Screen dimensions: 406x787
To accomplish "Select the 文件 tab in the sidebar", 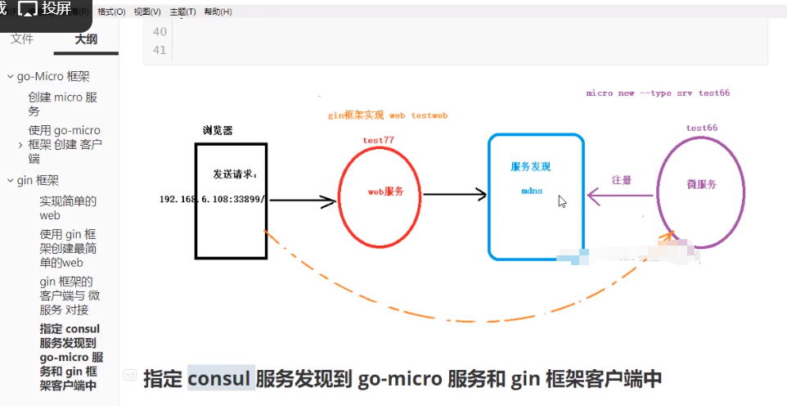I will (x=22, y=38).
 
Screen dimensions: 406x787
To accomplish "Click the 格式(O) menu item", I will (x=111, y=12).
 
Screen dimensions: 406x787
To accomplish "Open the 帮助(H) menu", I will (x=218, y=12).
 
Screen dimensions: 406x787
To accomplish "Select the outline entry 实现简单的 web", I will (x=68, y=208).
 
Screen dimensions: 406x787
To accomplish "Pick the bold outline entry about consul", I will (x=71, y=357).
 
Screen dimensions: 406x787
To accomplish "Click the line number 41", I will (x=160, y=50).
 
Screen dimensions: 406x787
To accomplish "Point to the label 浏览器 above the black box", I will (x=218, y=130).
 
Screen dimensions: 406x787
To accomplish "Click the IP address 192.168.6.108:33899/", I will (x=212, y=199).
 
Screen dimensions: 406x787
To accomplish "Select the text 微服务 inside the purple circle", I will (x=702, y=184).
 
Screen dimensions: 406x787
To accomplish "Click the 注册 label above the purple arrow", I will (x=622, y=179).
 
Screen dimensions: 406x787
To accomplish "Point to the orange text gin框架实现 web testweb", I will (x=388, y=116).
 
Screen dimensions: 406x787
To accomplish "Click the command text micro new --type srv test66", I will (x=658, y=93).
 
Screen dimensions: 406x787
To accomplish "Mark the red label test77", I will (x=379, y=140).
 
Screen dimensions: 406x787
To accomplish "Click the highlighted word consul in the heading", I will (x=221, y=379).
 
